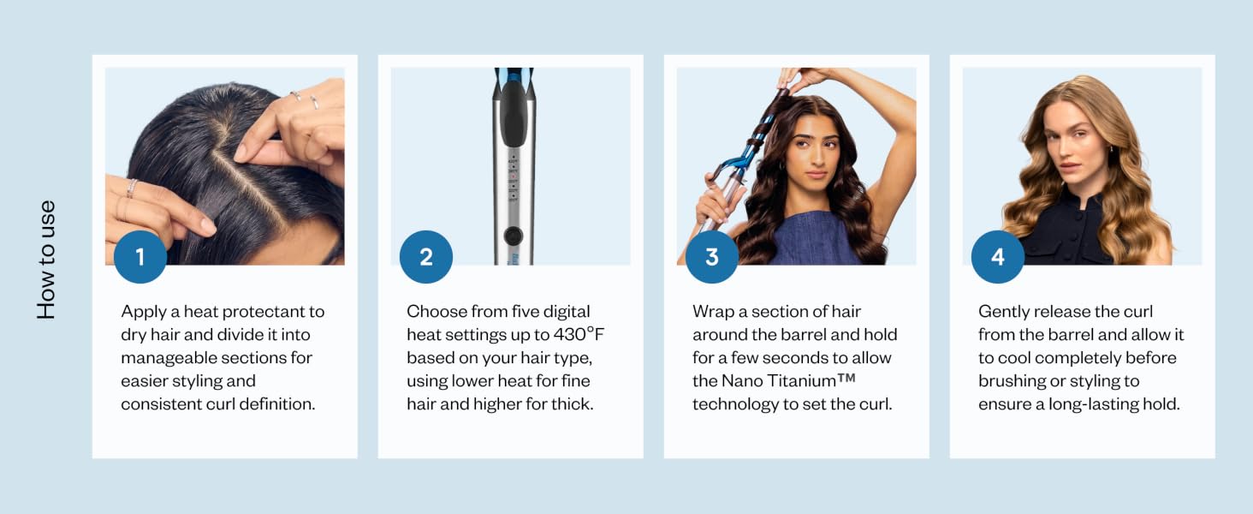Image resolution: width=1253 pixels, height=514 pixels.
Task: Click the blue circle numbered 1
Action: (x=140, y=256)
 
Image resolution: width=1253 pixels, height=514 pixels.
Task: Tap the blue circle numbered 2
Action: (x=425, y=256)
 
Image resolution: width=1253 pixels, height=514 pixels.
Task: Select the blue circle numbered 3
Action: (x=711, y=256)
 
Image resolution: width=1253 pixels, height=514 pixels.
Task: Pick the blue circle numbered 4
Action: (x=997, y=256)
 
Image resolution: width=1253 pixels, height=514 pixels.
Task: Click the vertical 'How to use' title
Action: (x=46, y=260)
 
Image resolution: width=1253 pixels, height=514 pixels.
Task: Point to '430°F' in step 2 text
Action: (x=579, y=334)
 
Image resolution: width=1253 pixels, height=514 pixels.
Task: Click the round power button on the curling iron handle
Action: (x=513, y=236)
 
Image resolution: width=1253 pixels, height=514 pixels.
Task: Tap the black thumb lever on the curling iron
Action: (x=513, y=114)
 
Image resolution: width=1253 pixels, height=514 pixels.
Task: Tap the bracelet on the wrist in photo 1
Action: (x=132, y=188)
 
